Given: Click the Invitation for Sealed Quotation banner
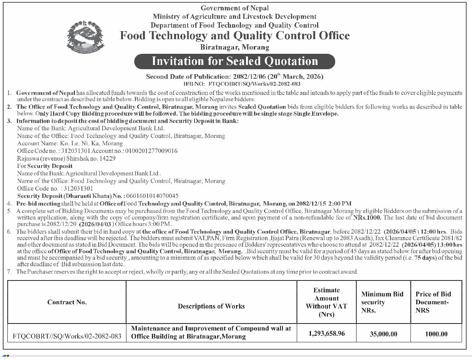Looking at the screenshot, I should (x=234, y=61).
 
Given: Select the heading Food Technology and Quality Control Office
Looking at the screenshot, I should (x=235, y=36).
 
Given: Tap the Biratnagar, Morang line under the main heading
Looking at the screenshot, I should (x=235, y=47).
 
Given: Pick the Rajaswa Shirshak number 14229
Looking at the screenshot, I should (x=108, y=158).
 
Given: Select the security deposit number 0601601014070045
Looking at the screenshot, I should (x=151, y=196).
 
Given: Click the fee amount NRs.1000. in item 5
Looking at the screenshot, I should (x=367, y=217).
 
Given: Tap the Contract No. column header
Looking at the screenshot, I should (x=67, y=302).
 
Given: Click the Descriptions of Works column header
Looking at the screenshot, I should (x=211, y=306).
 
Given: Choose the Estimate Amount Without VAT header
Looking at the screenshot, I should (x=326, y=302).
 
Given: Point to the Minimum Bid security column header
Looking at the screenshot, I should (x=382, y=302).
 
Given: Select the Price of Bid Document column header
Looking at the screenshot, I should (x=433, y=302).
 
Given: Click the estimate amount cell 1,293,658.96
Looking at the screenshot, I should (x=327, y=333).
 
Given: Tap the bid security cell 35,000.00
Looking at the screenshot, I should (x=384, y=334).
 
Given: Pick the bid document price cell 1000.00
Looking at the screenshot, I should (x=436, y=334).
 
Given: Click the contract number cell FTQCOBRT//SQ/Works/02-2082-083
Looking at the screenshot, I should (x=67, y=336).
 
